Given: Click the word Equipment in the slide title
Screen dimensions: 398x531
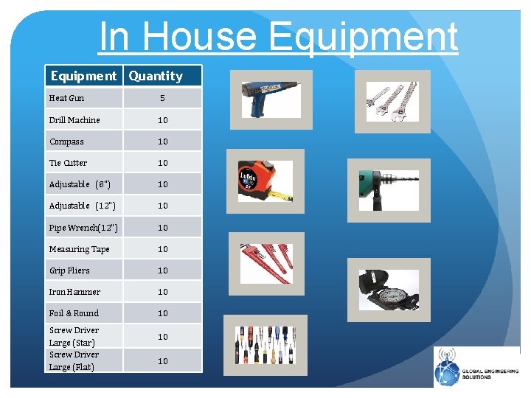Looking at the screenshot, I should (x=364, y=37).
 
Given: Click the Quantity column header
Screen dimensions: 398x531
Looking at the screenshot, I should (x=156, y=76).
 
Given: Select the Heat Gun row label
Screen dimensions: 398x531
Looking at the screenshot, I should (x=66, y=98).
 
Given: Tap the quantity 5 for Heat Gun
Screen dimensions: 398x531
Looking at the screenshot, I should (x=162, y=98).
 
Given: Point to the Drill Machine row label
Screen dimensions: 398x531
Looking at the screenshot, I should (x=74, y=120).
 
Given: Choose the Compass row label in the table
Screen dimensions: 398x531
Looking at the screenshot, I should (x=66, y=142).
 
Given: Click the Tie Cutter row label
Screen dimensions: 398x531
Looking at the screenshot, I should (x=68, y=163).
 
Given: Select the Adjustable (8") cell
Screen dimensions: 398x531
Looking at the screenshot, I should (x=80, y=184).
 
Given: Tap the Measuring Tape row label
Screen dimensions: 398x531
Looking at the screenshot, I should (x=79, y=249).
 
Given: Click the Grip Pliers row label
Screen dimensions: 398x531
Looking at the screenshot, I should (x=69, y=270).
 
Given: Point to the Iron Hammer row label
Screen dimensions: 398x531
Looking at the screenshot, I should (x=74, y=292).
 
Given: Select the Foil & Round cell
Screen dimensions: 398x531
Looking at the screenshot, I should (x=74, y=313).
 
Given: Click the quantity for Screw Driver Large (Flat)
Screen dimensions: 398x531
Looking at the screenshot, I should (x=162, y=360).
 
